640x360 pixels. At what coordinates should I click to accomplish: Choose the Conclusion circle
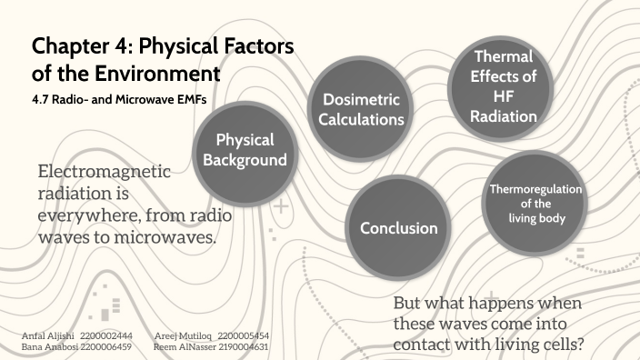click(398, 228)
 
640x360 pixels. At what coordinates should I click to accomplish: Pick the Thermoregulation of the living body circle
click(535, 203)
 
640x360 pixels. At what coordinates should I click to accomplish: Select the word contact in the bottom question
click(422, 345)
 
